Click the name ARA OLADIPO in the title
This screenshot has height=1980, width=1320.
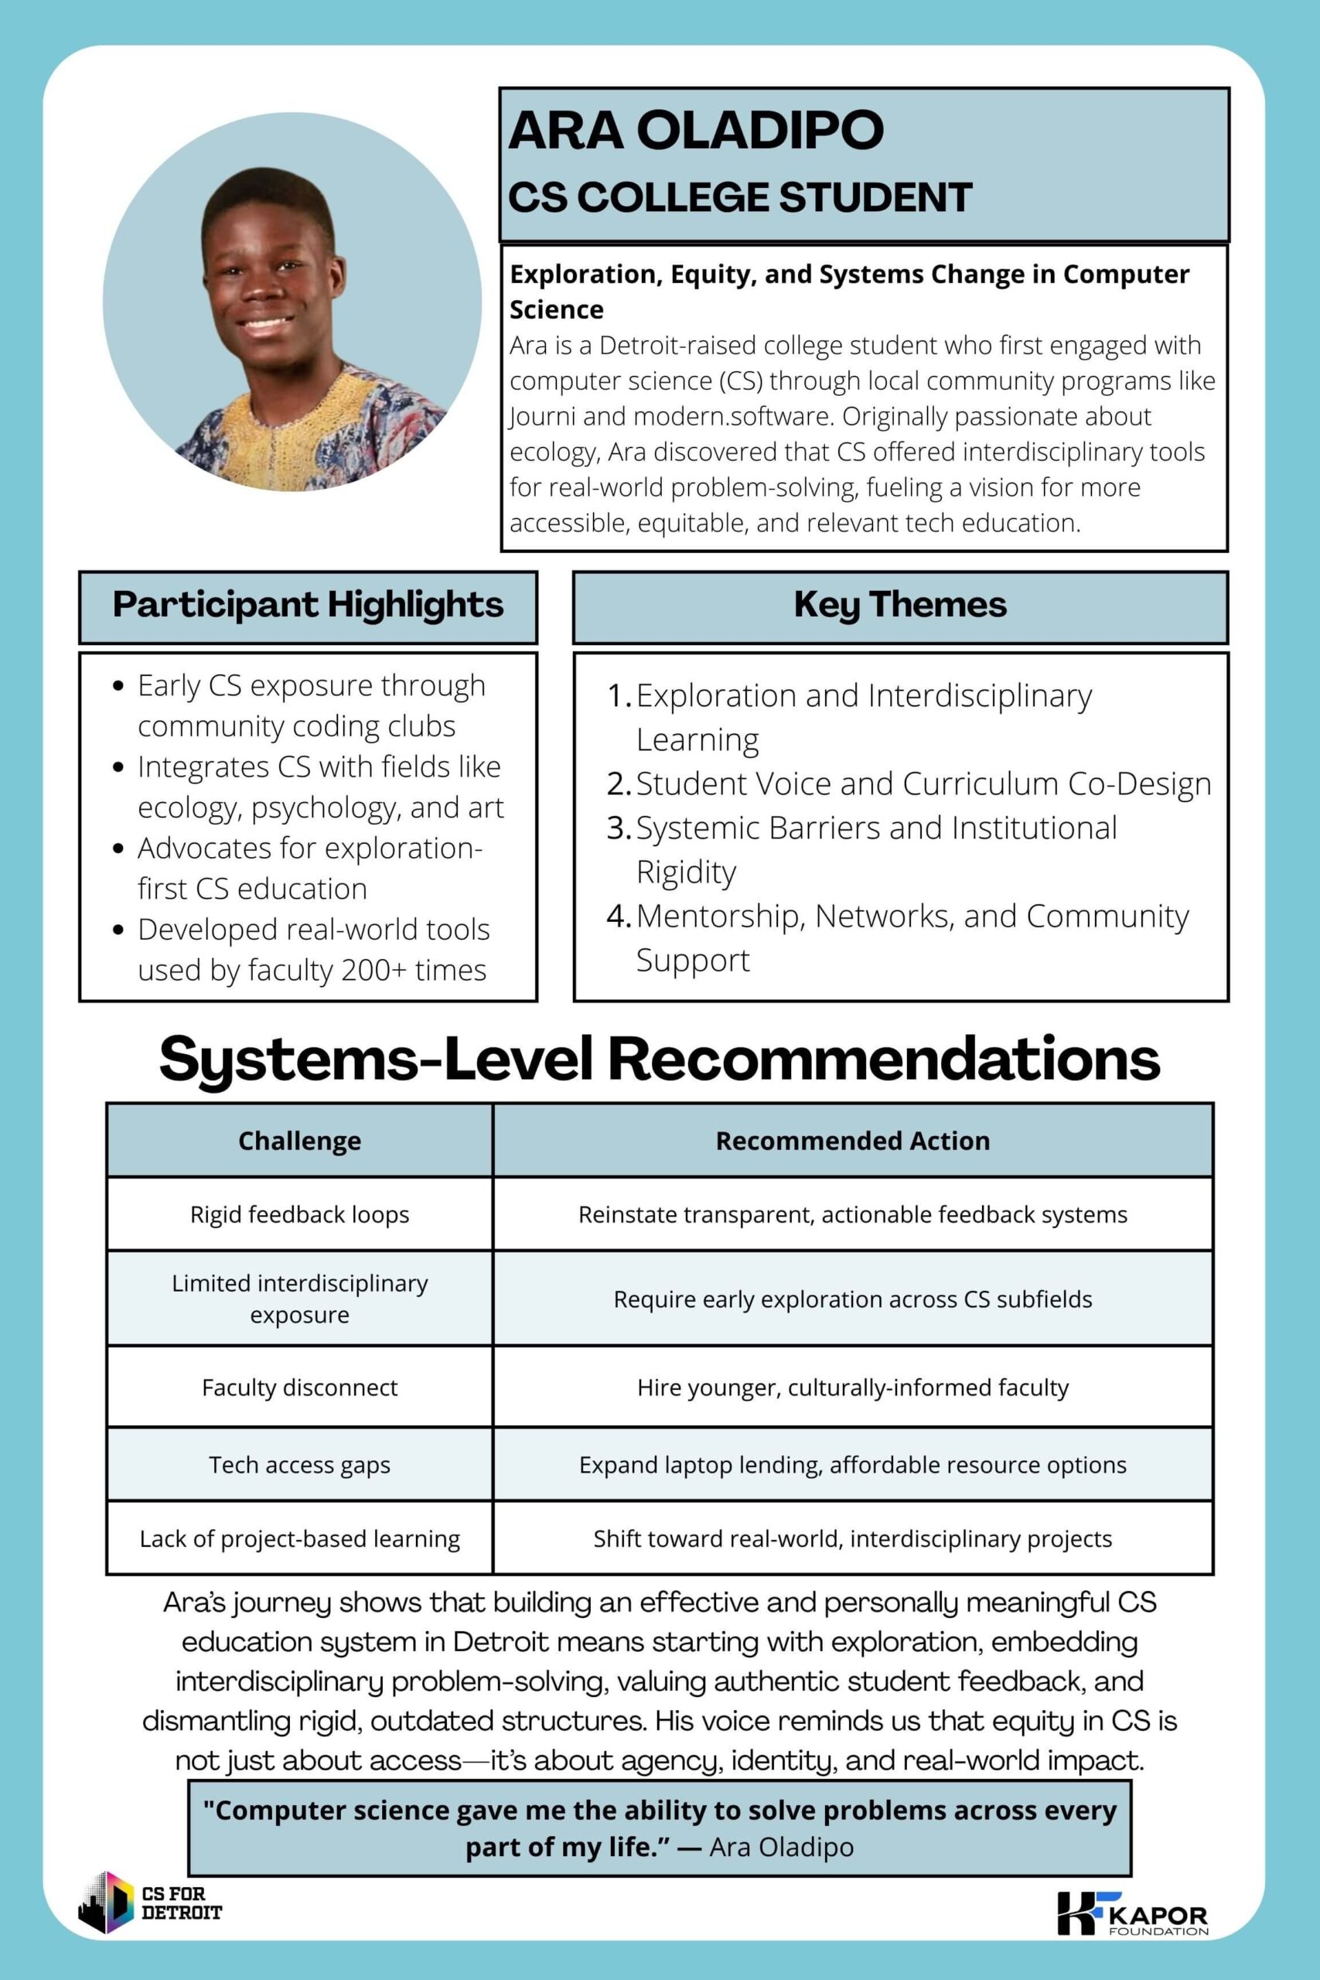click(695, 130)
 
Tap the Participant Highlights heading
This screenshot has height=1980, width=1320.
click(308, 604)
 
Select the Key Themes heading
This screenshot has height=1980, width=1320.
click(900, 604)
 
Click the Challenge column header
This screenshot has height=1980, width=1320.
click(300, 1141)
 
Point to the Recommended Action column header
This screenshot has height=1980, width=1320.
click(852, 1141)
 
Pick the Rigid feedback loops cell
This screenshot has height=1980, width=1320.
click(300, 1214)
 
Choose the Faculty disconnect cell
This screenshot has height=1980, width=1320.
click(300, 1387)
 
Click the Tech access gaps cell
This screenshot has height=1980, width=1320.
click(300, 1465)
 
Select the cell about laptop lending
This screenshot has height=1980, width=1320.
click(852, 1465)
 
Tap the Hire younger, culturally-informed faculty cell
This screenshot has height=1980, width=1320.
click(852, 1387)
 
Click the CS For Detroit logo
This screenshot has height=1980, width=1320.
click(150, 1903)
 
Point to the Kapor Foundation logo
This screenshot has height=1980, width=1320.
click(1132, 1913)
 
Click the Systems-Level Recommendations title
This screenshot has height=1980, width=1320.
click(659, 1058)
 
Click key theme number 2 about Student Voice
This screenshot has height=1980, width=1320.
click(923, 783)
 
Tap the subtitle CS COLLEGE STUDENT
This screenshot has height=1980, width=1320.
click(740, 197)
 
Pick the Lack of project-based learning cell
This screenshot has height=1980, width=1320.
click(300, 1538)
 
